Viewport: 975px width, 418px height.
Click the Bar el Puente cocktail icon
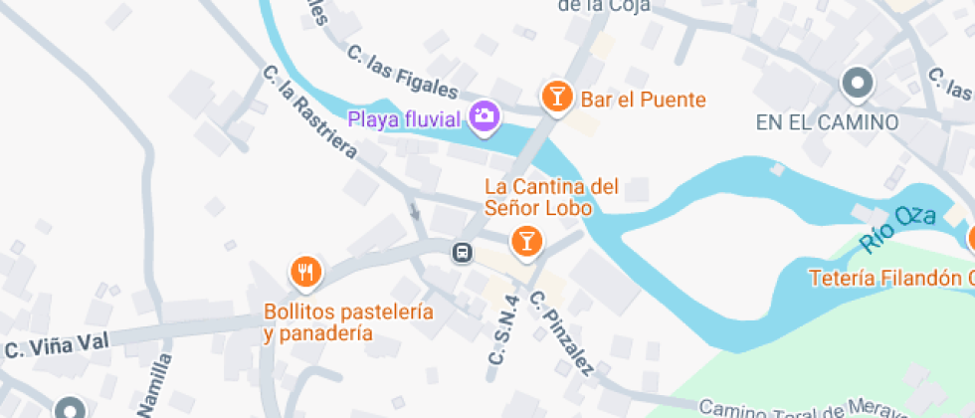point(556,97)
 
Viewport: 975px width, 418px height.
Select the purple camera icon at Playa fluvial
point(485,115)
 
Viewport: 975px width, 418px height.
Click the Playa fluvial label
point(405,119)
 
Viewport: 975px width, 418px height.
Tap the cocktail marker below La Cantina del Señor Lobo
point(526,240)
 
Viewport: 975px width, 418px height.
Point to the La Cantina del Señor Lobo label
point(551,197)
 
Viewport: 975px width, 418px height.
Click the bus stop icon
point(463,252)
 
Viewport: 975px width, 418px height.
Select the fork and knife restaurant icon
point(305,270)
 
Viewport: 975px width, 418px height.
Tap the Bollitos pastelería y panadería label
point(348,322)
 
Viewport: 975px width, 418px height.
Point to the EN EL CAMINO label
point(827,122)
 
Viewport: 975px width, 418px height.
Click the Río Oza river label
point(890,227)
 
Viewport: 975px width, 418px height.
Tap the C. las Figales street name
point(402,73)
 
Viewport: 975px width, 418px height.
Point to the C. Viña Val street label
point(56,346)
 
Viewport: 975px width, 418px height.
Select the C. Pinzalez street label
point(562,334)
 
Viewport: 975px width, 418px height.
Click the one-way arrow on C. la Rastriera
point(414,210)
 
